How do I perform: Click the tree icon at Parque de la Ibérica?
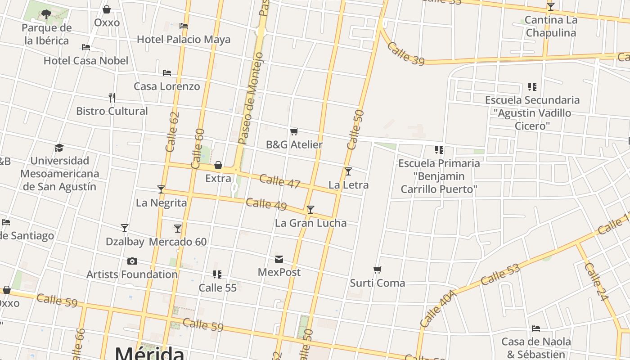point(46,14)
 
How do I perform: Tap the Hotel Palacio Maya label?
point(184,40)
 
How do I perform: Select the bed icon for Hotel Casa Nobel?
point(86,47)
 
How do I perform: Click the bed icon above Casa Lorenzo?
point(167,72)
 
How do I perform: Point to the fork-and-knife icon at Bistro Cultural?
point(112,97)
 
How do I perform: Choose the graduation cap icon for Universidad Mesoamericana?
point(59,148)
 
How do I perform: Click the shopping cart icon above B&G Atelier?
point(294,131)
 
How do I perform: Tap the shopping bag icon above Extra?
point(218,166)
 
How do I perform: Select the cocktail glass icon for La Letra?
point(348,171)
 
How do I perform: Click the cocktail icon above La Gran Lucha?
point(310,209)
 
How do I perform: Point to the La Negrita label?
point(161,203)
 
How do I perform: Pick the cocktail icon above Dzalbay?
point(125,228)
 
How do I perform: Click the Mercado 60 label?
point(178,242)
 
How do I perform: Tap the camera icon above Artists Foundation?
point(132,261)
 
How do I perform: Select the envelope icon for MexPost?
point(279,259)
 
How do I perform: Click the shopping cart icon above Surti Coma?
point(377,270)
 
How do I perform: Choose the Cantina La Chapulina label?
point(551,27)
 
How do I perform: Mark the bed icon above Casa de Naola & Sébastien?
point(535,328)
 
